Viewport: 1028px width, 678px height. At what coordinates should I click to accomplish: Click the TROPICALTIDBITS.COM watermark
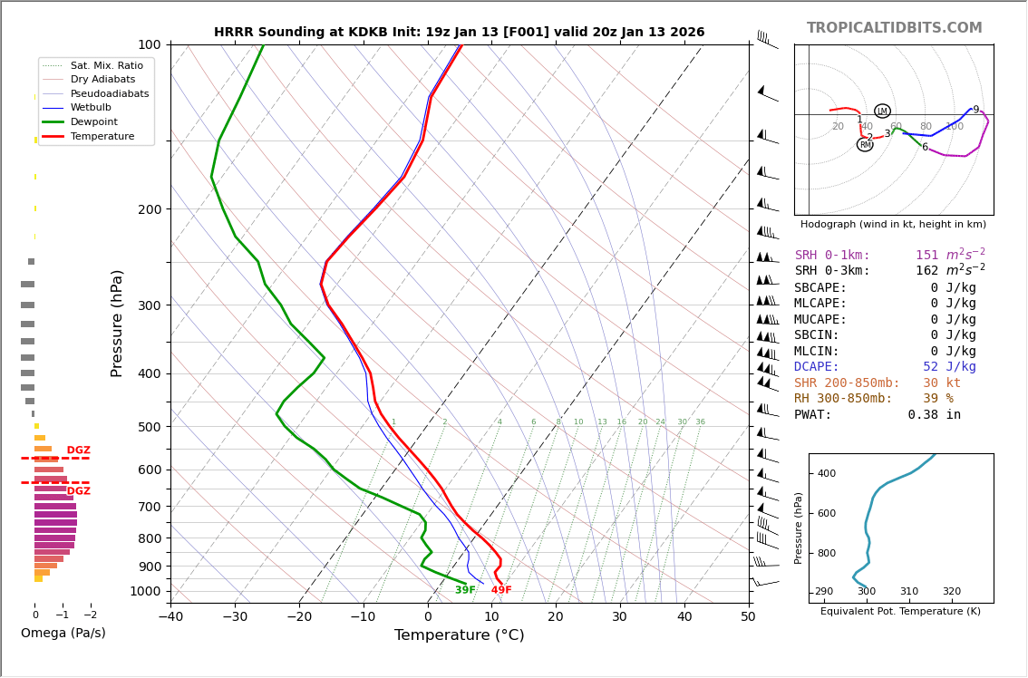(894, 28)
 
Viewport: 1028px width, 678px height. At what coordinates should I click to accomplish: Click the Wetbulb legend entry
(94, 108)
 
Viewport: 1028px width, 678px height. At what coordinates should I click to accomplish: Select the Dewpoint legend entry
(97, 121)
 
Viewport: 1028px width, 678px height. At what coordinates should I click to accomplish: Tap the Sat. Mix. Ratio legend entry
(106, 66)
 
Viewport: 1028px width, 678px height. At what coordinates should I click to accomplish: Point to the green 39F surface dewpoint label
(465, 591)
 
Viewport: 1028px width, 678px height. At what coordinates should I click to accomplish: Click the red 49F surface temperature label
(501, 591)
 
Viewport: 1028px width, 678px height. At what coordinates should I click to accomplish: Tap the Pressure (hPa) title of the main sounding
(117, 323)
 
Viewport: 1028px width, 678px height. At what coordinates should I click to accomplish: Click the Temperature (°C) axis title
(459, 635)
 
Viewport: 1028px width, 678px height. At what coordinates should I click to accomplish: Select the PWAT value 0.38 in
(934, 415)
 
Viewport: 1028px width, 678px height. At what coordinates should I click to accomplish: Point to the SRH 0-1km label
(832, 256)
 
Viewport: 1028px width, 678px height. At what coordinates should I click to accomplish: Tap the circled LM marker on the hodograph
(882, 111)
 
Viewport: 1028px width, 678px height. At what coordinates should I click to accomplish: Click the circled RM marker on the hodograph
(865, 145)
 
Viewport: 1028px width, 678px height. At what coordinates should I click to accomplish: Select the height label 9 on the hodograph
(975, 110)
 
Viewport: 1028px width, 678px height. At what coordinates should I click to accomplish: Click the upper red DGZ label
(79, 450)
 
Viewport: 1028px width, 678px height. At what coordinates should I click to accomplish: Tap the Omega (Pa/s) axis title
(63, 634)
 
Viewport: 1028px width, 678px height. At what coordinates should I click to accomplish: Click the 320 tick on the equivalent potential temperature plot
(951, 592)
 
